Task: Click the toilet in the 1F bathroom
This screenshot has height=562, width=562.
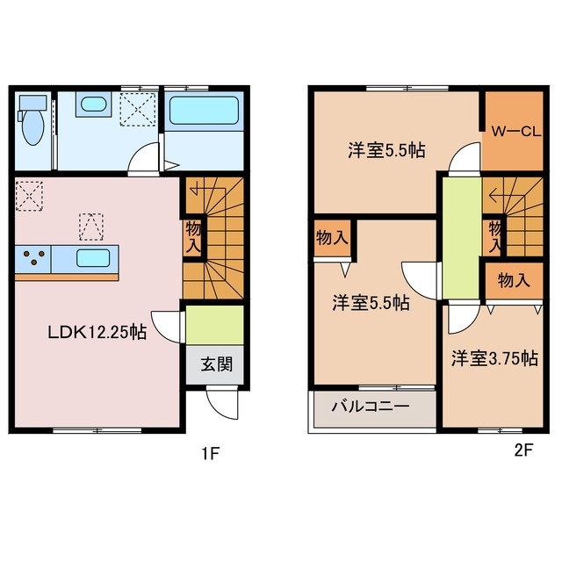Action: click(32, 125)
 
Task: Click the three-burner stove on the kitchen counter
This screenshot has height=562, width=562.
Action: click(34, 259)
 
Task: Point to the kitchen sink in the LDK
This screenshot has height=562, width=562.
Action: click(92, 259)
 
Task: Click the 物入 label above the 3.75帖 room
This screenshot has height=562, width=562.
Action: click(513, 281)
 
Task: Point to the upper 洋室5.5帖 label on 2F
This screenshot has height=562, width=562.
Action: click(385, 150)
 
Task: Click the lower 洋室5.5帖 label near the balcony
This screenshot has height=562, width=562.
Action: click(370, 303)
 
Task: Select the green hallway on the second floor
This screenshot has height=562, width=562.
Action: click(460, 237)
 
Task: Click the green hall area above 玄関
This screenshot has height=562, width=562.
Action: click(213, 325)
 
